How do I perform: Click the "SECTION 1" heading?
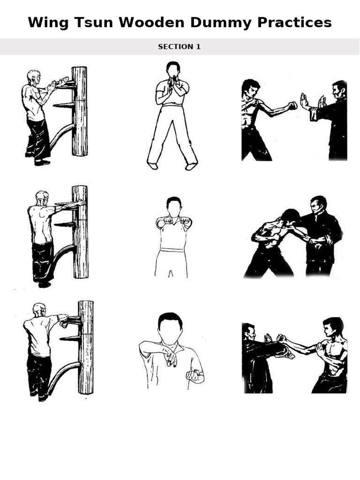click(180, 47)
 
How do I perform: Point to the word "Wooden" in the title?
click(142, 22)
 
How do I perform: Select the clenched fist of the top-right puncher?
click(292, 105)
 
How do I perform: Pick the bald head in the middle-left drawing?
click(42, 197)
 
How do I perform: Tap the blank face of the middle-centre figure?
click(174, 206)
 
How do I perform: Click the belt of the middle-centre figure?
click(172, 250)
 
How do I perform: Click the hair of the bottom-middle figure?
click(170, 319)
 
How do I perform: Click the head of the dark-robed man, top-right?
click(339, 90)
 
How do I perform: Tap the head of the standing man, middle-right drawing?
click(319, 205)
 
